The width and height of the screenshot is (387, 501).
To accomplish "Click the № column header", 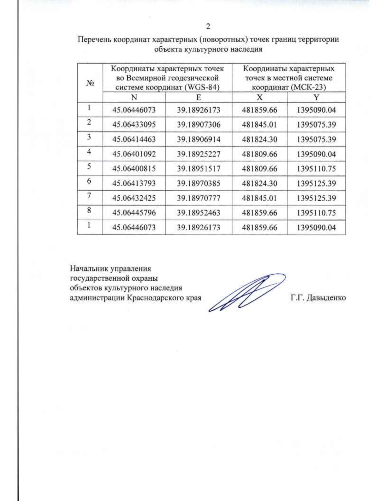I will point(90,83).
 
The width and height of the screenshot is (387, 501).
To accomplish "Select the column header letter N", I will point(134,97).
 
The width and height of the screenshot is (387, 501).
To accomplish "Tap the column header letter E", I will point(199,97).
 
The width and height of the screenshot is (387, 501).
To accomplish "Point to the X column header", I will point(259,97).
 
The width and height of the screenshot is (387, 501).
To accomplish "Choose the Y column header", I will point(316,97).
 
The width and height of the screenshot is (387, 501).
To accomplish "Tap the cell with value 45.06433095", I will point(134,125).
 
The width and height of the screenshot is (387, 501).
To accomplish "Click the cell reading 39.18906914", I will point(199,139).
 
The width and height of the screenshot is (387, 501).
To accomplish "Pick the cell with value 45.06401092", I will point(134,154).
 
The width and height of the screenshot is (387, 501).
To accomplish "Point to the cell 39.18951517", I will point(199,169).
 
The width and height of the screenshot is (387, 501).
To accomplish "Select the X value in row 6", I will point(259,184).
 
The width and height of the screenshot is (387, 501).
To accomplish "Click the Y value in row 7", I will point(316,198).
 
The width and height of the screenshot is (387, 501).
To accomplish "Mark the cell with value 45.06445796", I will point(134,213).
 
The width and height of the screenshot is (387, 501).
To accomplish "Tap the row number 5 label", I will point(89,166).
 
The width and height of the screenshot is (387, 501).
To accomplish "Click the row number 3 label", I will point(89,137).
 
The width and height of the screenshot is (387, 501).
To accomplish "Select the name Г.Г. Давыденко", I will point(318,298).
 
